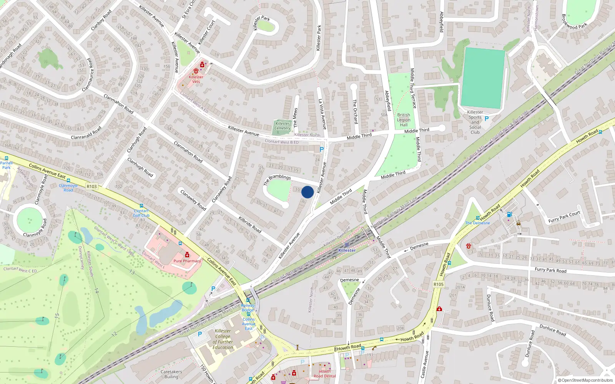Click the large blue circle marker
point(307,192)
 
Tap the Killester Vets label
point(196,79)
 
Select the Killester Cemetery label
point(282,126)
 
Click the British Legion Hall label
point(404,120)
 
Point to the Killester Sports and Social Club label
point(475,122)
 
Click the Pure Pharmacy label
point(187,261)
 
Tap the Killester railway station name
point(347,250)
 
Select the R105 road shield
point(438,284)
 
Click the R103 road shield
point(92,187)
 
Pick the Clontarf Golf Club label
point(141,213)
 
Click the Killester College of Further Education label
point(223,339)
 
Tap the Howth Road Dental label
point(324,374)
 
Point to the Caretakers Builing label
point(171,374)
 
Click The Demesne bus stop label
point(477,223)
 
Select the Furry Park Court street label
point(564,217)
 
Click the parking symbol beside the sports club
point(487,119)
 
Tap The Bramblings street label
point(277,179)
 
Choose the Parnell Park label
point(7,165)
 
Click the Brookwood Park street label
point(574,22)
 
